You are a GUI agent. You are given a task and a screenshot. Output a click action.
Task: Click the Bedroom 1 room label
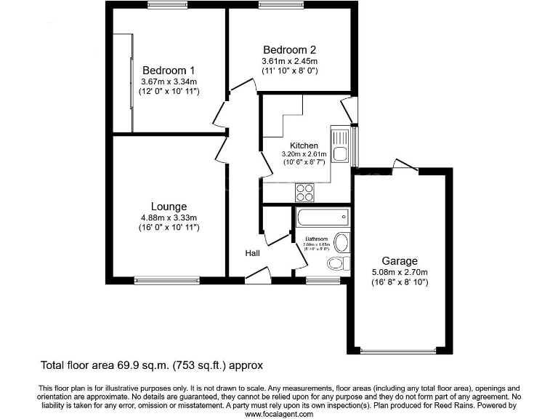click(x=168, y=71)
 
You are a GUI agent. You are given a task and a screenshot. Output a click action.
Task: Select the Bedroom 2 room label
click(x=290, y=50)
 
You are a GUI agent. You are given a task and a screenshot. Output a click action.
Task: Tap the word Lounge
click(x=169, y=207)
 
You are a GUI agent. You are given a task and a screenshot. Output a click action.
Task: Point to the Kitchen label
click(x=304, y=145)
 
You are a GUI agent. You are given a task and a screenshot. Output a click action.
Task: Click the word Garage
click(x=400, y=261)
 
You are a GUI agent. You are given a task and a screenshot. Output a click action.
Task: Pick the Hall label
click(x=253, y=253)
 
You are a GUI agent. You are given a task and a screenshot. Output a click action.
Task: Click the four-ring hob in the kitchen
click(x=305, y=192)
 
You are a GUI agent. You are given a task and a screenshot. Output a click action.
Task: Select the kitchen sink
click(x=340, y=148)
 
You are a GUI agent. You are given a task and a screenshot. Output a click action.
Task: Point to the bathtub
click(x=322, y=217)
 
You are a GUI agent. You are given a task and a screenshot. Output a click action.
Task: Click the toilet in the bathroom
click(x=338, y=263)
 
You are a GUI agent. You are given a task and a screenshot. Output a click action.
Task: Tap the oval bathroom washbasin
click(x=341, y=242)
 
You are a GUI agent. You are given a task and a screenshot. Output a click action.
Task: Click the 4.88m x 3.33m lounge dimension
click(x=169, y=218)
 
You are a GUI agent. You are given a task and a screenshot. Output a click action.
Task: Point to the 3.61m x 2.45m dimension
click(x=290, y=61)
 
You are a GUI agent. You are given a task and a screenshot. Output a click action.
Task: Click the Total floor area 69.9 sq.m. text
click(x=151, y=365)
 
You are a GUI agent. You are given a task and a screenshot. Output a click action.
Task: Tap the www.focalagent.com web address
click(x=279, y=414)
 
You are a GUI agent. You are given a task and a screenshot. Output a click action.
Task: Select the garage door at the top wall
click(x=404, y=167)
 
